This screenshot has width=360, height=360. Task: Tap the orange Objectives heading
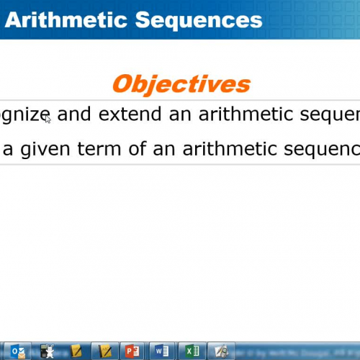pos(181,84)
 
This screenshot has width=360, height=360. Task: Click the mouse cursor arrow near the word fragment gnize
pos(48,120)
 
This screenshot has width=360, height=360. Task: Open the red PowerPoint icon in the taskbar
pos(131,351)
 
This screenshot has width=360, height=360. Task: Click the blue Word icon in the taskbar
pos(161,351)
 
